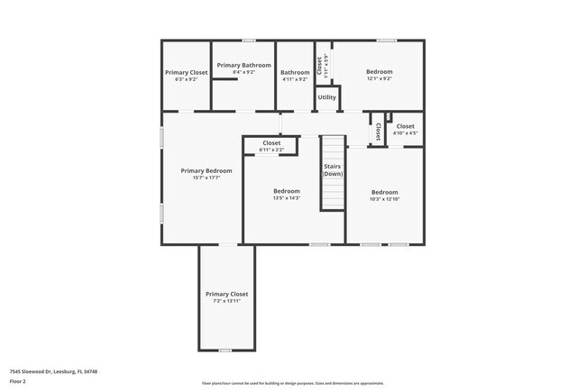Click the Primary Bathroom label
tap(243, 66)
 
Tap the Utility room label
tap(327, 97)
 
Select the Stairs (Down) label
tap(333, 170)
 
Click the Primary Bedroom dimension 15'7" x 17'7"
tap(206, 178)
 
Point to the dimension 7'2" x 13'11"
tap(226, 301)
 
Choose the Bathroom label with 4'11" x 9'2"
tap(295, 73)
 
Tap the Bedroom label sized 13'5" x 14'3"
tap(287, 191)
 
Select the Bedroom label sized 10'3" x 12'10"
tap(385, 192)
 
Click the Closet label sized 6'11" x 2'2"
tap(271, 142)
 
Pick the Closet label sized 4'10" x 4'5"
tap(405, 127)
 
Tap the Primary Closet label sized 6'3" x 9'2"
tap(186, 72)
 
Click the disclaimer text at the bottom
tap(292, 382)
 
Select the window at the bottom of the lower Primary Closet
tap(225, 350)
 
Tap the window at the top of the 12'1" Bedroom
tap(387, 40)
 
